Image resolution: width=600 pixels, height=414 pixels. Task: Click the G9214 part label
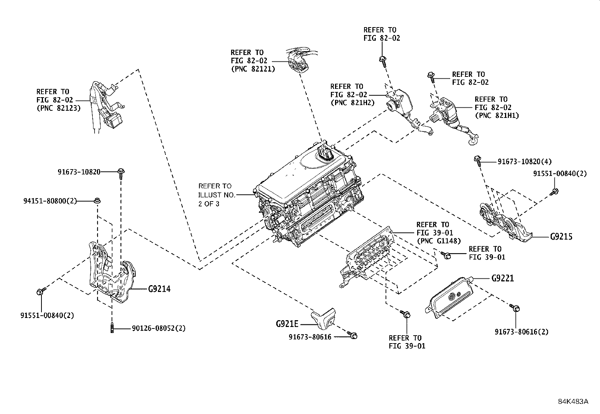159,289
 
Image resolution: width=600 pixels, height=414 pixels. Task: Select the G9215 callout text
561,237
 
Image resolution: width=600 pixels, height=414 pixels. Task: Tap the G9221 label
502,278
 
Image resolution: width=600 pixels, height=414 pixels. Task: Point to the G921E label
287,324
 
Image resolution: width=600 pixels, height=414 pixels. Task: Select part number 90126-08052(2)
159,328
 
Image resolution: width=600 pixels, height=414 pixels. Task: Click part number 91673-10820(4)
524,162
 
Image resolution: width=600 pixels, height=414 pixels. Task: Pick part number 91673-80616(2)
521,332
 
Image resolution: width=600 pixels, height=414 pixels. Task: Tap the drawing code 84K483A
573,401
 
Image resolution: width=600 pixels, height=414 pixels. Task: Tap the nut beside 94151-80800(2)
97,200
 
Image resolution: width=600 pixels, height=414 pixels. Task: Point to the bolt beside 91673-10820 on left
121,172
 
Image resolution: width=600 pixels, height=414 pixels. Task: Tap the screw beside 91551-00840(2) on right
554,192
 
